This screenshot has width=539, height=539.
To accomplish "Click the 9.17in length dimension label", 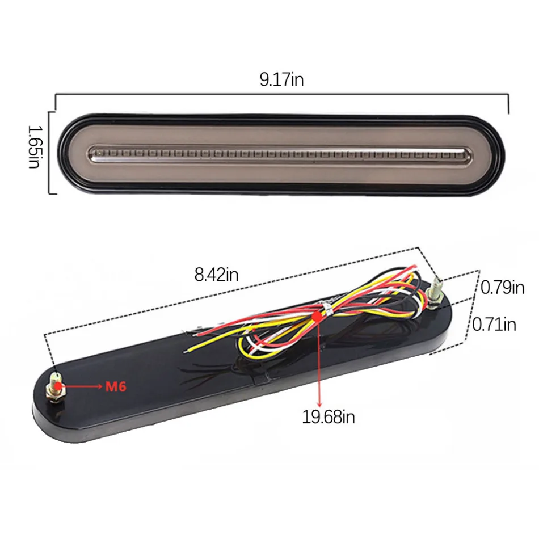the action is click(281, 79).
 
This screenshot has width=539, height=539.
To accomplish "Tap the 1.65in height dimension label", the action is click(34, 147).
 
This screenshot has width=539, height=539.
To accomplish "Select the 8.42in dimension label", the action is click(216, 275).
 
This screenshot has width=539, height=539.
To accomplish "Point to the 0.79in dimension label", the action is click(502, 288).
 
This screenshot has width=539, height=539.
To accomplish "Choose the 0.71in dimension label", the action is click(494, 324).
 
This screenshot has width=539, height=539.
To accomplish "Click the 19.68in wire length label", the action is click(329, 416).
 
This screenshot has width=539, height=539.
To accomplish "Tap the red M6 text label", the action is click(116, 387).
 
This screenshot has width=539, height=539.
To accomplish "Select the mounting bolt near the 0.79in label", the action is click(434, 292).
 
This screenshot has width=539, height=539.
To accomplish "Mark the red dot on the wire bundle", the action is click(318, 316).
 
